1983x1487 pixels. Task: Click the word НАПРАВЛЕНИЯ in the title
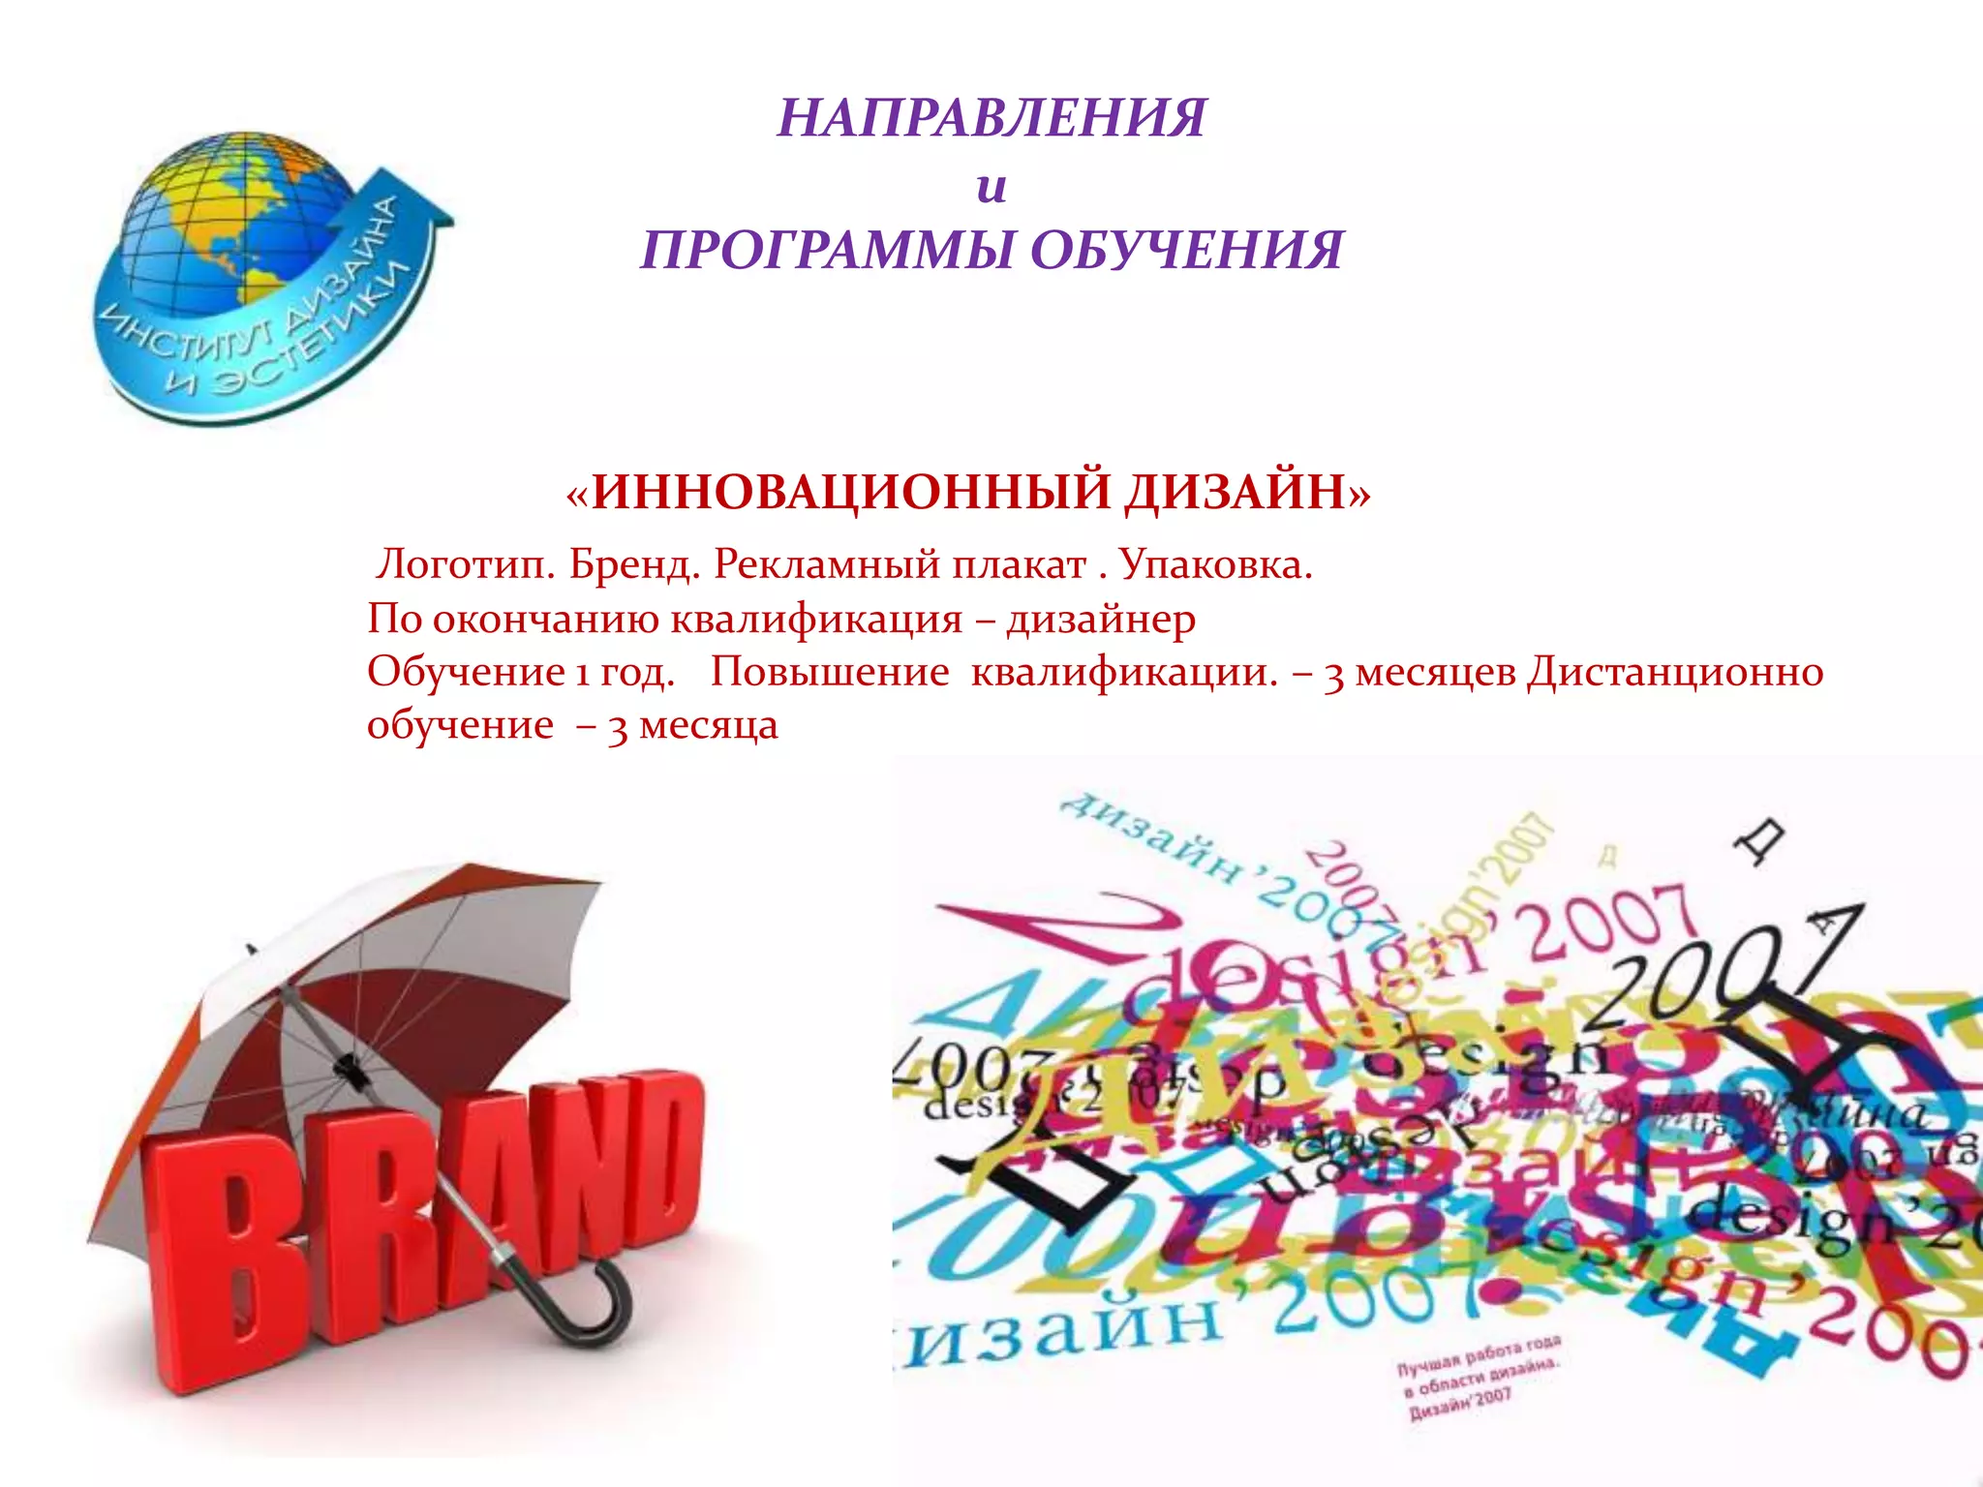[x=991, y=118]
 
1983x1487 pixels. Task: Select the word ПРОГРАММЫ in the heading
[x=827, y=250]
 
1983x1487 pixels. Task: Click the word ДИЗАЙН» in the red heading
[x=1247, y=492]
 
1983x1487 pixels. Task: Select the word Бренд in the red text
[x=634, y=564]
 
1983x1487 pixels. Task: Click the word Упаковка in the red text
[x=1215, y=564]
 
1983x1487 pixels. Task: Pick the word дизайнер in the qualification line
[x=1101, y=619]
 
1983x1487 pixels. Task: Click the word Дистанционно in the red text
[x=1675, y=672]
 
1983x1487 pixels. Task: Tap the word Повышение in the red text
[x=830, y=672]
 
